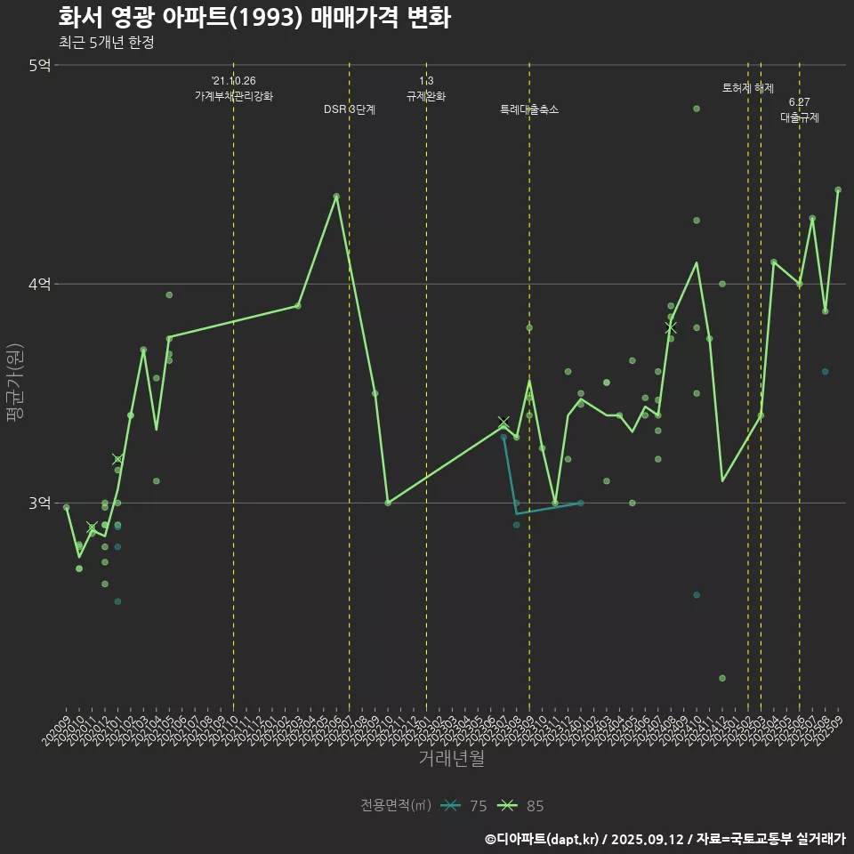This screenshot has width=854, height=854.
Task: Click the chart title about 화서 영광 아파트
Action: (254, 18)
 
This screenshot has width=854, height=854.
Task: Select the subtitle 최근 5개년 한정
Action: (106, 43)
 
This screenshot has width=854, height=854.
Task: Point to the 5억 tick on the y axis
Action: (39, 65)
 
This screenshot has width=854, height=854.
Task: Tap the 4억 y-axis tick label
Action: (39, 284)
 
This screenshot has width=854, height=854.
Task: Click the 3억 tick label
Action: (39, 503)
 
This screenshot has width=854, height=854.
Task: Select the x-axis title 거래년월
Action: (452, 759)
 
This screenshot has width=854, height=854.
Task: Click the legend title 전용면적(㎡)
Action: (395, 806)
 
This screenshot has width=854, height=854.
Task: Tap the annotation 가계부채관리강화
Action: (234, 96)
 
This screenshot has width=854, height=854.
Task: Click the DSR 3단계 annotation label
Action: (350, 109)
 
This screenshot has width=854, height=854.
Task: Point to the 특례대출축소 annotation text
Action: (529, 109)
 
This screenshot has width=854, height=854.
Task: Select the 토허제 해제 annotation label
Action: (748, 88)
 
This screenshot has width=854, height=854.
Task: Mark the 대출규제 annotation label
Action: (800, 117)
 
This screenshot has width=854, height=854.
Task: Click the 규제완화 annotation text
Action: (426, 96)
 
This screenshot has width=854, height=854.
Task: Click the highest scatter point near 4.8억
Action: (697, 109)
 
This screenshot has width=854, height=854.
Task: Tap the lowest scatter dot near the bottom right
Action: (722, 678)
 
